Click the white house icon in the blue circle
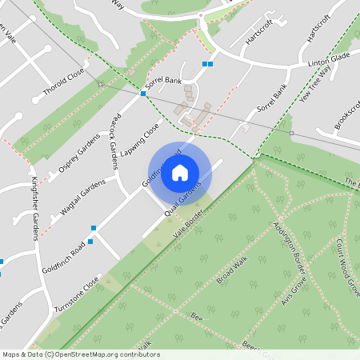180,172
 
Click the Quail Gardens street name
182,203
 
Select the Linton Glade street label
330,63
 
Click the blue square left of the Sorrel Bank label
143,94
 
